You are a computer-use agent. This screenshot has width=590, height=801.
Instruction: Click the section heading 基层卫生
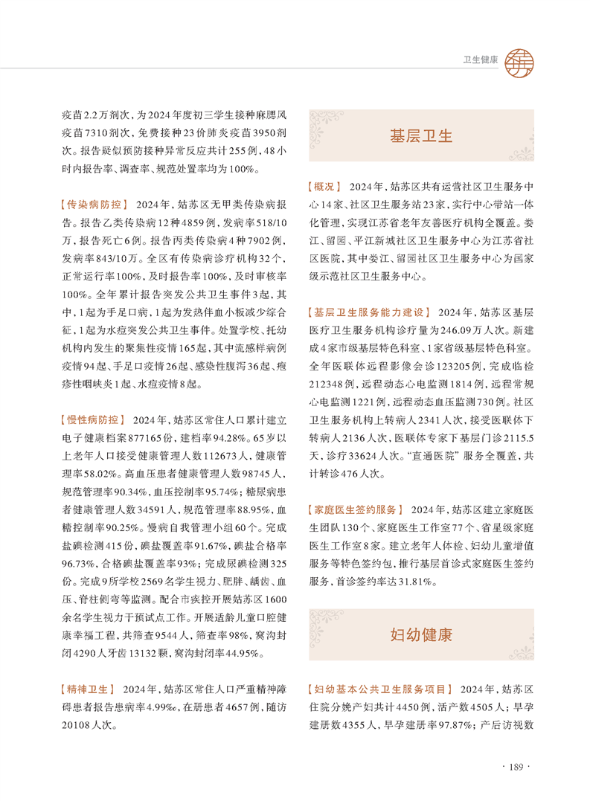click(421, 136)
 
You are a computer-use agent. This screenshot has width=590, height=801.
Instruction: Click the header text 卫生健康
click(481, 59)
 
